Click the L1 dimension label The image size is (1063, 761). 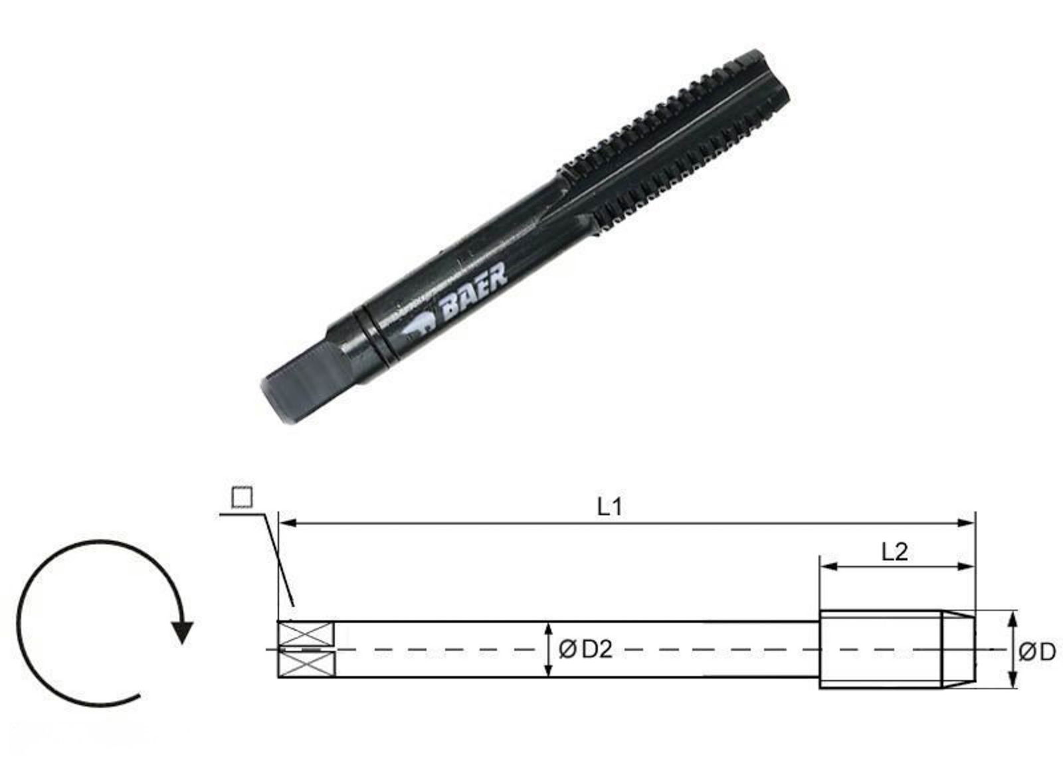pyautogui.click(x=609, y=508)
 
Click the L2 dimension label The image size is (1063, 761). pyautogui.click(x=894, y=551)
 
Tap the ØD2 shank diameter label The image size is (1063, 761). pyautogui.click(x=585, y=649)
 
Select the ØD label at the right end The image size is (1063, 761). pyautogui.click(x=1036, y=652)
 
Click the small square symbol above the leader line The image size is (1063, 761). pyautogui.click(x=242, y=497)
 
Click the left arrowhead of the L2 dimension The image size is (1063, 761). pyautogui.click(x=826, y=567)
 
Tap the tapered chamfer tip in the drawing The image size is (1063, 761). pyautogui.click(x=959, y=649)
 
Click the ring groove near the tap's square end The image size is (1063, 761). pyautogui.click(x=377, y=335)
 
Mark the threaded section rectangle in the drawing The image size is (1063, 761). pyautogui.click(x=881, y=649)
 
